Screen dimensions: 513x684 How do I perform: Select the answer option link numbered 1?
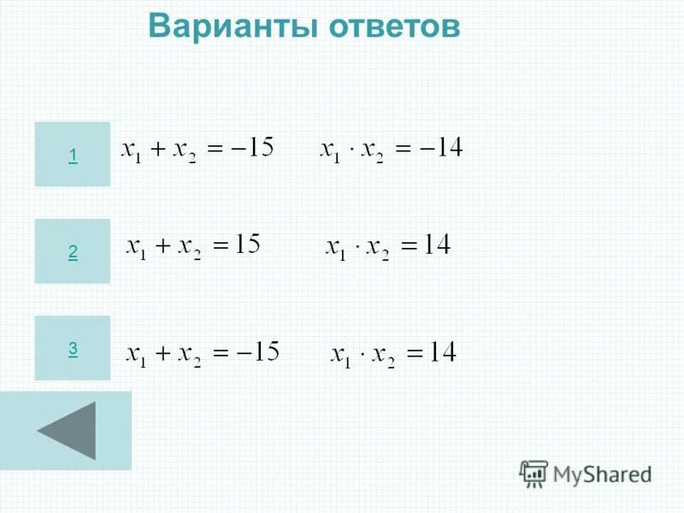[x=73, y=155]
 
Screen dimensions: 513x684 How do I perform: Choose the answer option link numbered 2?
[x=73, y=251]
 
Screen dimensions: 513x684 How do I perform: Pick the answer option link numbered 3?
[x=73, y=348]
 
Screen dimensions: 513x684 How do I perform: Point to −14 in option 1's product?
[x=441, y=150]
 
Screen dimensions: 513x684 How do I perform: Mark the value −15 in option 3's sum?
[x=260, y=351]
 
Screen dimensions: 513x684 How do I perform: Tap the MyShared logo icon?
[x=534, y=473]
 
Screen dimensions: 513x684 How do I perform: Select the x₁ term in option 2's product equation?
[x=336, y=249]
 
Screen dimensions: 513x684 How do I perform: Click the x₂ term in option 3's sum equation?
[x=189, y=355]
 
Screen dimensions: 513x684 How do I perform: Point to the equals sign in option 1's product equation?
[x=404, y=150]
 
